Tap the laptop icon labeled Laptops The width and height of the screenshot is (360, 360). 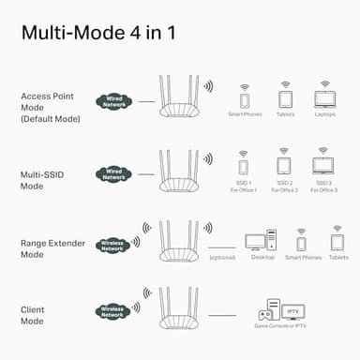click(x=324, y=97)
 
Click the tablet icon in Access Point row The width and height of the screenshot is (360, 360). click(x=285, y=97)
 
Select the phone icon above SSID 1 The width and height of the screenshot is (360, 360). click(x=244, y=167)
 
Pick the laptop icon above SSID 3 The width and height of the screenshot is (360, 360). click(x=324, y=167)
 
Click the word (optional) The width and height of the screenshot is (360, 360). click(x=222, y=257)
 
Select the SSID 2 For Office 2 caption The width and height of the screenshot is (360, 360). click(x=285, y=187)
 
